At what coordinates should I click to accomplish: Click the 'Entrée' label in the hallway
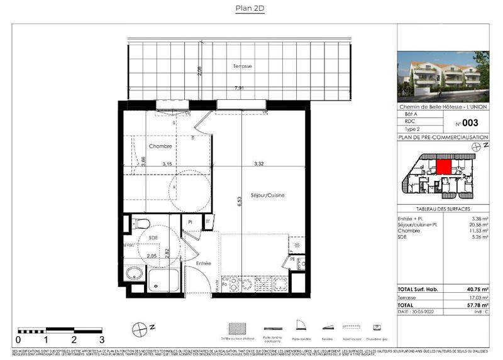[203, 263]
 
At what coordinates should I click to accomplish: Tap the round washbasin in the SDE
[134, 274]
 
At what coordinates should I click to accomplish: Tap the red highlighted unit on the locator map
[443, 167]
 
